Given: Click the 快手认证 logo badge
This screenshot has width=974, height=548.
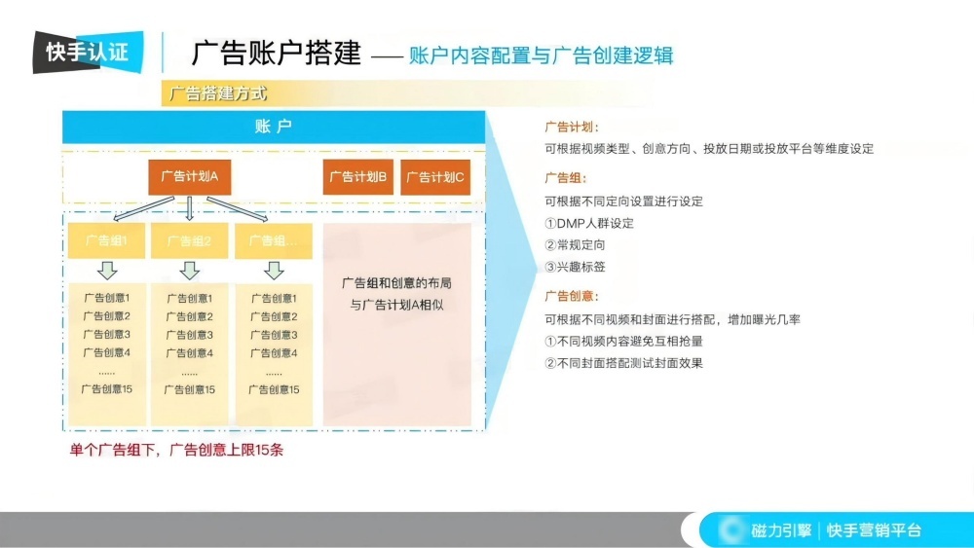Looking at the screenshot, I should click(x=88, y=52).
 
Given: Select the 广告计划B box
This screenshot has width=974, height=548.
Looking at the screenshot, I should click(x=358, y=177).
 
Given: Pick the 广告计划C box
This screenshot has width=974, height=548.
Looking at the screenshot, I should click(x=435, y=177).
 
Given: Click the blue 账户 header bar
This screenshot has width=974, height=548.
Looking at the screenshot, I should click(x=273, y=127).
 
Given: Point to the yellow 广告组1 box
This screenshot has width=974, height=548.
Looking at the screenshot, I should click(x=106, y=240).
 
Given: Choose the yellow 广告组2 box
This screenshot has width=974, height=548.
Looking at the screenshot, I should click(x=189, y=240).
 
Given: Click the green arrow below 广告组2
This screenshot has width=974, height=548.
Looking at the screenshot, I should click(x=190, y=270).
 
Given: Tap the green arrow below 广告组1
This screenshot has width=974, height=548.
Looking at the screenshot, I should click(x=107, y=270).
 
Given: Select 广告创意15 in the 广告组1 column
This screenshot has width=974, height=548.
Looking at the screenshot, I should click(x=106, y=389).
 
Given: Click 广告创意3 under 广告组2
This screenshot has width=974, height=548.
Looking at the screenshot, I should click(x=189, y=335).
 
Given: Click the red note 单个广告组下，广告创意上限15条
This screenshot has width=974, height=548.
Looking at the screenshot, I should click(x=176, y=450).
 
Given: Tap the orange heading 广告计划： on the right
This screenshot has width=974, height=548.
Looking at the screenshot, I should click(x=572, y=127).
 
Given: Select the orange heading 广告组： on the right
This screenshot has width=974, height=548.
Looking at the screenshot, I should click(x=565, y=178).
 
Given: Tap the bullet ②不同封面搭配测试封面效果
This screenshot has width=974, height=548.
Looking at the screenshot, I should click(x=623, y=363).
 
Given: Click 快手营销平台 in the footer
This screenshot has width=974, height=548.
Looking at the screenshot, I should click(x=874, y=530).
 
